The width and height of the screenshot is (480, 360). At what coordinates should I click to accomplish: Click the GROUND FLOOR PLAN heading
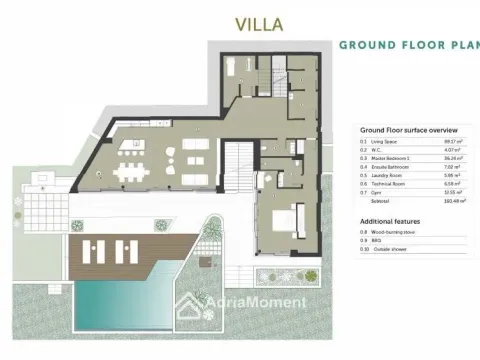coord(408,45)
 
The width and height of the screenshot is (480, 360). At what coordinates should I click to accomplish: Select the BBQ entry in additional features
coord(377,240)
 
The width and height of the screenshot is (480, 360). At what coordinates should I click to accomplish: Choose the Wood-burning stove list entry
coord(392,232)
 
